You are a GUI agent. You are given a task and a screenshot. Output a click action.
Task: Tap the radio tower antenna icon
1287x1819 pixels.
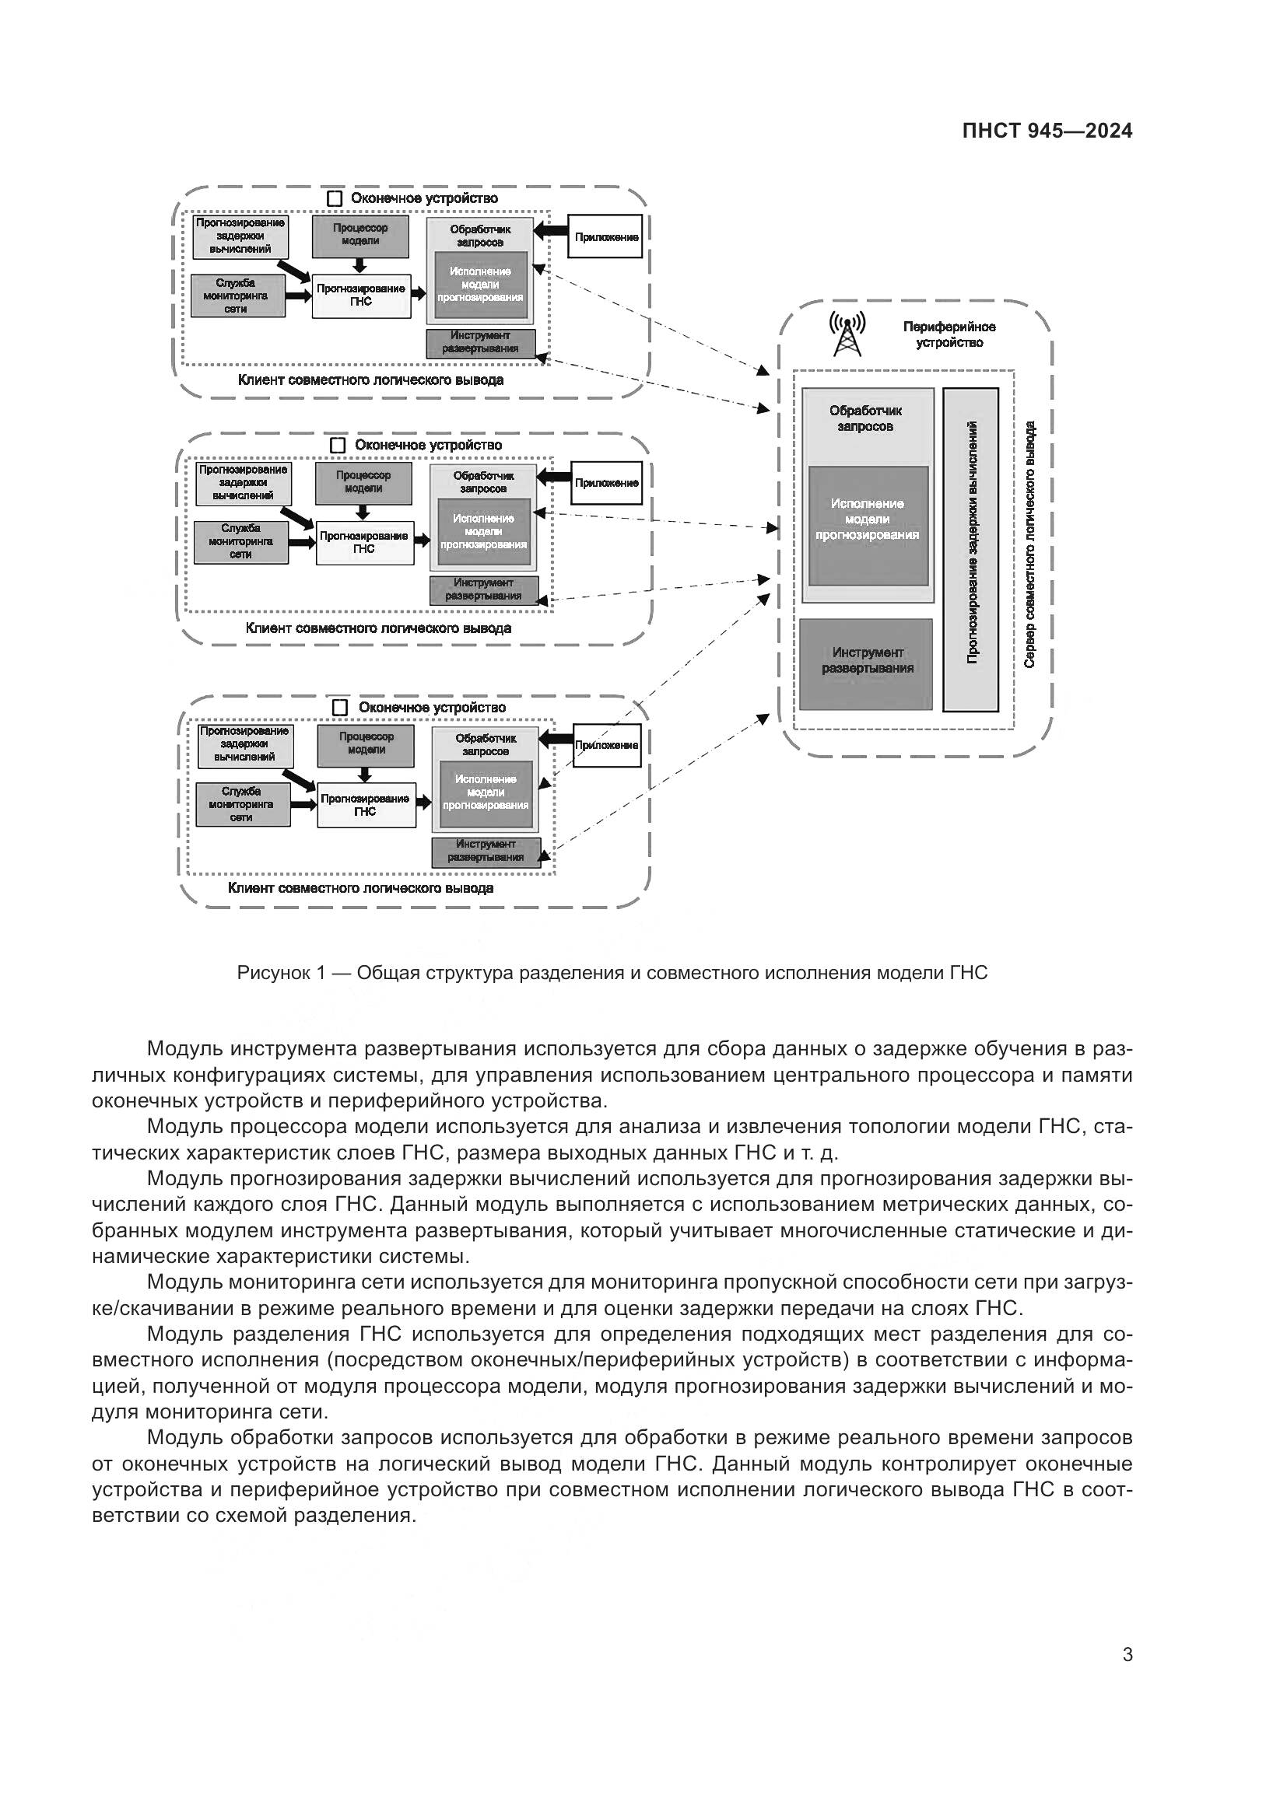pyautogui.click(x=847, y=334)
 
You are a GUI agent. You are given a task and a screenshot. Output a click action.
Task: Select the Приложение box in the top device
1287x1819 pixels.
pyautogui.click(x=605, y=236)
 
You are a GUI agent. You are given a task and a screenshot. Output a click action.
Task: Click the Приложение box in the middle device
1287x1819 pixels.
pyautogui.click(x=605, y=482)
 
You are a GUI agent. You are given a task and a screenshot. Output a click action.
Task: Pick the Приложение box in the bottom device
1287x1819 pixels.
pyautogui.click(x=606, y=745)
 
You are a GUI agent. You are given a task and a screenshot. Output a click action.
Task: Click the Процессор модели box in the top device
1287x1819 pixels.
pyautogui.click(x=361, y=236)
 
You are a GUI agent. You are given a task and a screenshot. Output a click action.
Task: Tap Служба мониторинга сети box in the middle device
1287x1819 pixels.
pyautogui.click(x=241, y=541)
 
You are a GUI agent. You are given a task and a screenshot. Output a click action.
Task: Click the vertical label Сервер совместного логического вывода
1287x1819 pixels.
pyautogui.click(x=1029, y=544)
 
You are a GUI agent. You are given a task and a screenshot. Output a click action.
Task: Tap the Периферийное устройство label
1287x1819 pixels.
pyautogui.click(x=949, y=334)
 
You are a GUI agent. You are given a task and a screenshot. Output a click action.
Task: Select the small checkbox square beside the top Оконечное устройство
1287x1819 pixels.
pyautogui.click(x=335, y=198)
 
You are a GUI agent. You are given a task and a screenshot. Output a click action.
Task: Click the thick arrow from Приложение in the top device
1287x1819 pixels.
pyautogui.click(x=552, y=230)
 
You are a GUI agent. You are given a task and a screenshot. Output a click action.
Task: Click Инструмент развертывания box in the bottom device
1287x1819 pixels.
pyautogui.click(x=486, y=850)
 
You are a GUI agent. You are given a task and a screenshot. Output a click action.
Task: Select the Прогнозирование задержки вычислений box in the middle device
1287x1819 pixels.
pyautogui.click(x=243, y=482)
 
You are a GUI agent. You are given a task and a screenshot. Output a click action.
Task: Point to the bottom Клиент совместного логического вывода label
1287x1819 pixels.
pyautogui.click(x=360, y=888)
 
